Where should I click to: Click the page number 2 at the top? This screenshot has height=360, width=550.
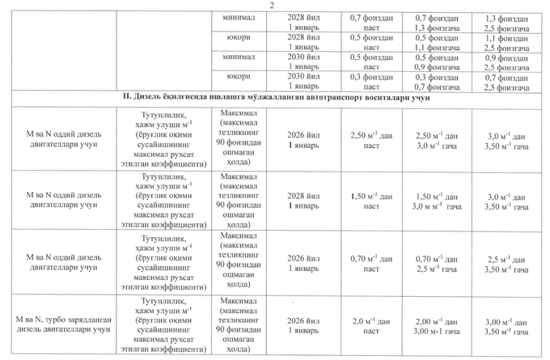tap(273, 6)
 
